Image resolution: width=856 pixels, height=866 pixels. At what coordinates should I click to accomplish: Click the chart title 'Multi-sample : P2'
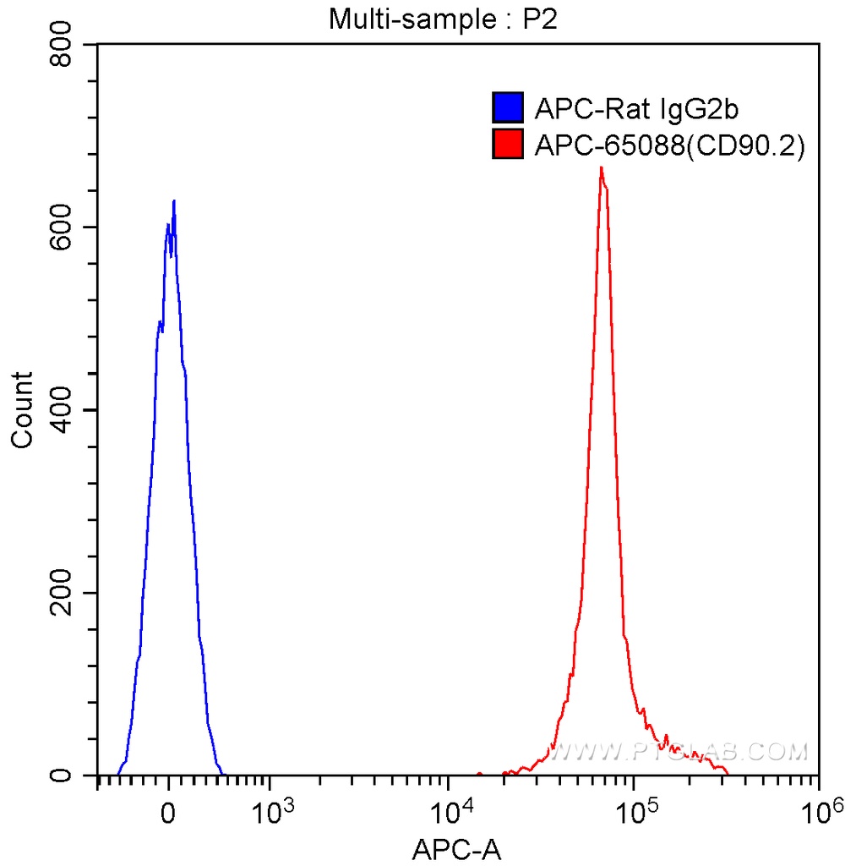tap(443, 19)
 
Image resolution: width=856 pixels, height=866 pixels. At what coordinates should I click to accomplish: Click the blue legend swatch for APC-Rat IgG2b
tap(508, 108)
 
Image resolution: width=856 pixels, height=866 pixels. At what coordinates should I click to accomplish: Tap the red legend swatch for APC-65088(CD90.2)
tap(508, 145)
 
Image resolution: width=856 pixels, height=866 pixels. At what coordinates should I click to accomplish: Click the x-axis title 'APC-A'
tap(456, 849)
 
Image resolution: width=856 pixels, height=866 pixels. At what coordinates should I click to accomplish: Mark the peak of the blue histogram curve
tap(174, 201)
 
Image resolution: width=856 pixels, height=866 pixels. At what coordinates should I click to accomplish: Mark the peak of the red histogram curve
tap(601, 167)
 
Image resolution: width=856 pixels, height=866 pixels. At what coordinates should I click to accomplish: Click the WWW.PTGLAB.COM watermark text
tap(676, 750)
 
